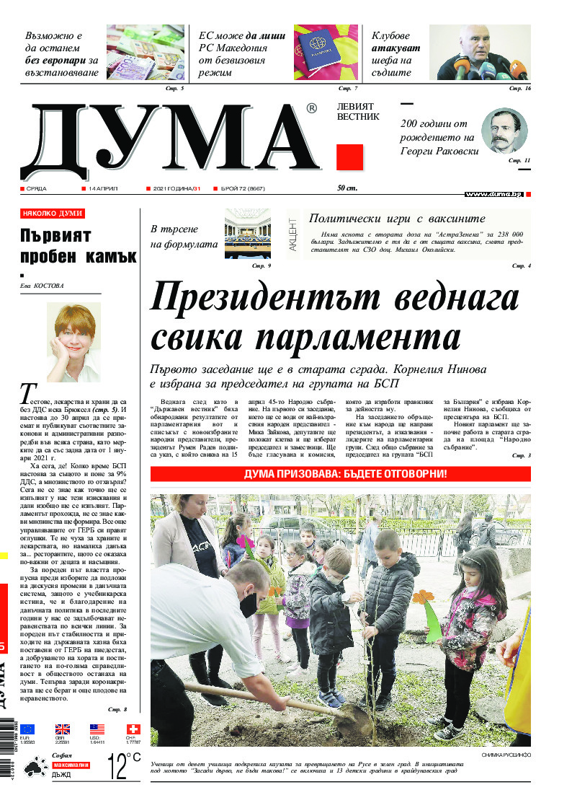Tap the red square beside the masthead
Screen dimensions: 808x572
click(x=349, y=157)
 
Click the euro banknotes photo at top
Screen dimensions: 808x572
click(x=145, y=52)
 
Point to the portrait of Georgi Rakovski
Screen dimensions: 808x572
click(x=504, y=130)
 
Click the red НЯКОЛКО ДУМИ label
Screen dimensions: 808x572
click(x=53, y=214)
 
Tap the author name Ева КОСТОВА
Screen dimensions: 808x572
click(x=42, y=286)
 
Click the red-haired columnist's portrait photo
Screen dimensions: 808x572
click(x=73, y=342)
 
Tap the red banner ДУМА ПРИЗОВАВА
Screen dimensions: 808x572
click(x=340, y=474)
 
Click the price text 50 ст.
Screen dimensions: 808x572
click(x=347, y=188)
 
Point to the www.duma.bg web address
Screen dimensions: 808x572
click(x=493, y=194)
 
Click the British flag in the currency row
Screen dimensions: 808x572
click(x=63, y=729)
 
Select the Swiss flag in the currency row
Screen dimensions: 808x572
click(x=133, y=729)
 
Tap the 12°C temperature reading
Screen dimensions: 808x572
click(x=123, y=766)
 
